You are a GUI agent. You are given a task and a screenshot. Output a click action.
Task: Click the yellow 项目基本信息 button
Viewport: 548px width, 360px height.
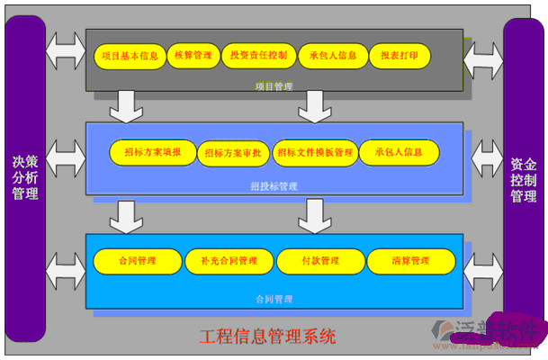click(130, 56)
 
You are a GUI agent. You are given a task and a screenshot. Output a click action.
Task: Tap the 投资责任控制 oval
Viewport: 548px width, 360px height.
click(258, 56)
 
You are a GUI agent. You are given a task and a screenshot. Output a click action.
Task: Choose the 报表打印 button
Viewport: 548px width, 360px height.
click(400, 56)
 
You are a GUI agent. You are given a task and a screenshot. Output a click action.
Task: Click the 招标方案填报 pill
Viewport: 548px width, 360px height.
click(152, 152)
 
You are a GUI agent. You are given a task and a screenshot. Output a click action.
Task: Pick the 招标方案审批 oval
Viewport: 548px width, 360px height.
click(232, 153)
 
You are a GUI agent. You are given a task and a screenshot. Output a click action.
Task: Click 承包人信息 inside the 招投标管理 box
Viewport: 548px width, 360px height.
click(399, 152)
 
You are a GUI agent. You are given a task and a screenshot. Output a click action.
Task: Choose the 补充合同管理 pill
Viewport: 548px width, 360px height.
click(228, 261)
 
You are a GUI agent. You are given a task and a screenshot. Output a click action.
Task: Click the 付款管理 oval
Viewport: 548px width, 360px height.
click(320, 261)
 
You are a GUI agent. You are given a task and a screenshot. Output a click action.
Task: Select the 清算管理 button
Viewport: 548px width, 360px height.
click(410, 261)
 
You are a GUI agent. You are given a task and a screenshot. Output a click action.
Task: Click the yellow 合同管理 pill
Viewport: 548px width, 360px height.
click(137, 261)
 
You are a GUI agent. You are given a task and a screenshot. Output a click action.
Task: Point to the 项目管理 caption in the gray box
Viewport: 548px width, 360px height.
click(274, 87)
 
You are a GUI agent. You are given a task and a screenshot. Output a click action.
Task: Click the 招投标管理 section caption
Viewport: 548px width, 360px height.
click(274, 186)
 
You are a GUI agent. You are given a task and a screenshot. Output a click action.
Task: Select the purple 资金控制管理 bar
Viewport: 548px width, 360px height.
click(523, 180)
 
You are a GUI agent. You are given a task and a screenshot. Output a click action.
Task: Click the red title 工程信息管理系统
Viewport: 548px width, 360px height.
click(267, 337)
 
